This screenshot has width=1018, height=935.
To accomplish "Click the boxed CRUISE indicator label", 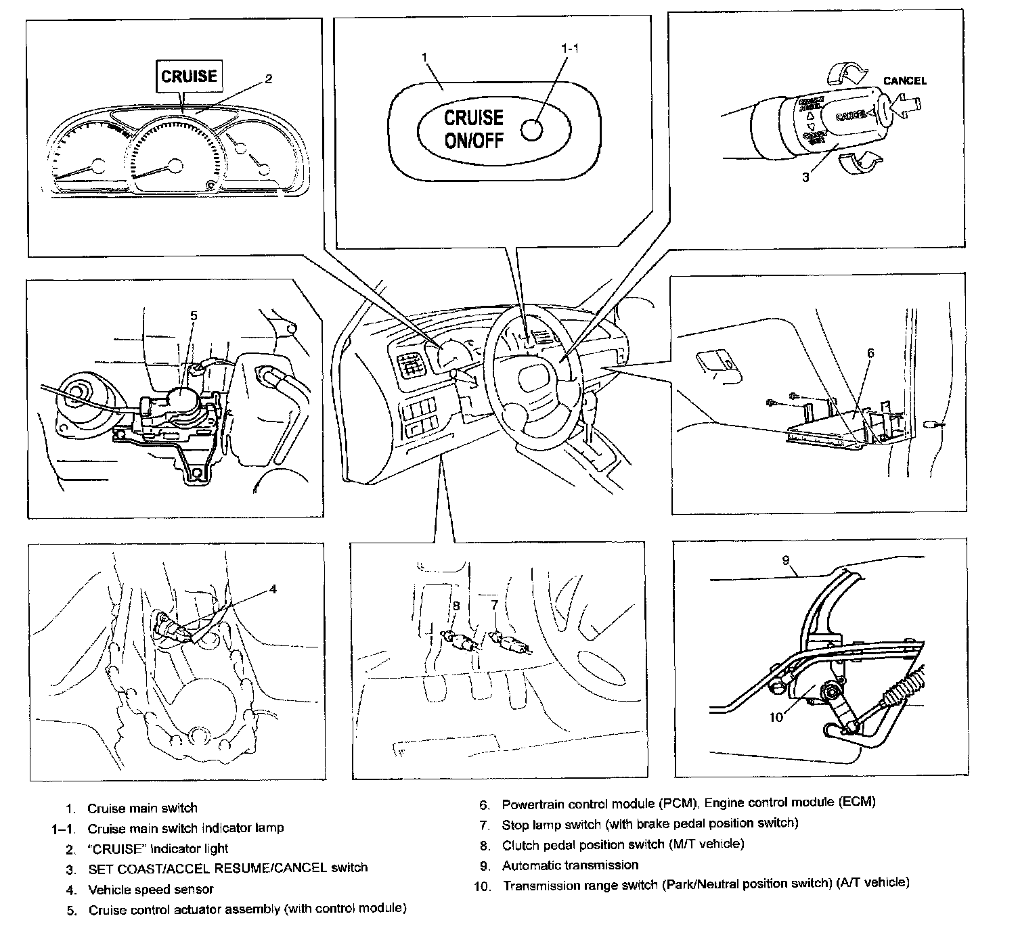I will pos(189,76).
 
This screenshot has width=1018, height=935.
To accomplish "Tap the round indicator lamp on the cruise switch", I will pos(533,130).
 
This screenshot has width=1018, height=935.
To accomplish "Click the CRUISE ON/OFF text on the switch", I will pos(473,129).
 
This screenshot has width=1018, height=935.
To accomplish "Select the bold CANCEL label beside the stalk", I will pos(904,81).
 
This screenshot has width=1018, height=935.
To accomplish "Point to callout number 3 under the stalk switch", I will pos(805,178).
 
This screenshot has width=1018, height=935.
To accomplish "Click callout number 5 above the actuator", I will pos(193,315).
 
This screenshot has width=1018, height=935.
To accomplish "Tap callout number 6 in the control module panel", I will pos(870,352).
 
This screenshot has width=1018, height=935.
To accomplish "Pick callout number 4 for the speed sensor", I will pos(273,589).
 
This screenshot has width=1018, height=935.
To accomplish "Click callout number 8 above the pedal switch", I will pos(456,606).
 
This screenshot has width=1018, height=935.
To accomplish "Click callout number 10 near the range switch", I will pos(776,716).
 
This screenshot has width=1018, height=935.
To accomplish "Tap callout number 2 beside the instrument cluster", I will pos(268,79).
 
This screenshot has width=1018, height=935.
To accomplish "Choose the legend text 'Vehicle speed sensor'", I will pos(151,889).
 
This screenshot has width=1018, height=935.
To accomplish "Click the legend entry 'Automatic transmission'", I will pos(570,865).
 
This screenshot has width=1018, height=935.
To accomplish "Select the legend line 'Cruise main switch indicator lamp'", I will pos(185,827).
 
